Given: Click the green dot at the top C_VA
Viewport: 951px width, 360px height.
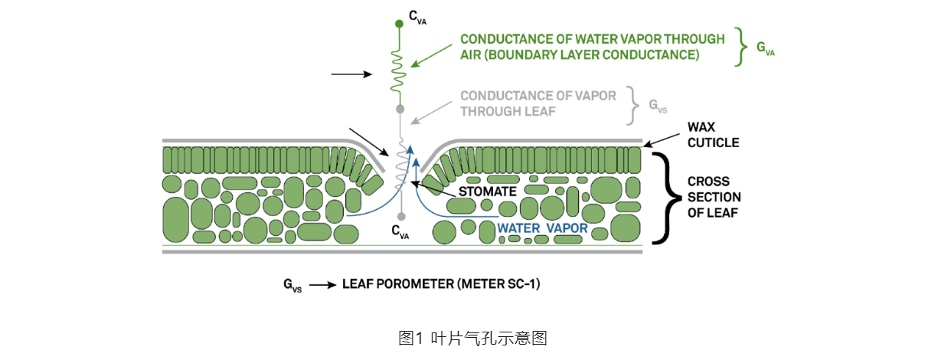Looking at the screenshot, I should click(399, 25).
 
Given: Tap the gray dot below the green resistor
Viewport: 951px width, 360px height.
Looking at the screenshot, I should click(399, 110).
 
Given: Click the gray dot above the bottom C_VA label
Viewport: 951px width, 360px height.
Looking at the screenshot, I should click(400, 217).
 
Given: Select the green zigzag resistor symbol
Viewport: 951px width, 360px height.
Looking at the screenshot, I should click(398, 67).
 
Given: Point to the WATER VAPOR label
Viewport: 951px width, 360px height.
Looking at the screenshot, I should click(542, 227).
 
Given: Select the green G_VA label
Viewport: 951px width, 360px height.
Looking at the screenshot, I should click(765, 48).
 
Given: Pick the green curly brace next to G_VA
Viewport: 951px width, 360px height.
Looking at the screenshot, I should click(739, 47).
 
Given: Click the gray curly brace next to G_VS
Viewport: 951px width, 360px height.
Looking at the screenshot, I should click(632, 106).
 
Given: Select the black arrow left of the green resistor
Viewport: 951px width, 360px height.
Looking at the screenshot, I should click(350, 74).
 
